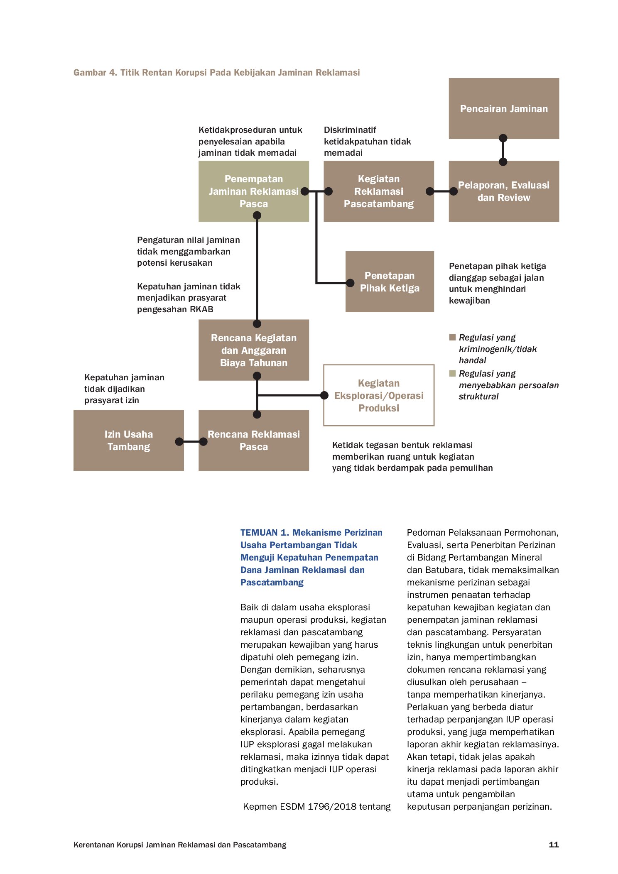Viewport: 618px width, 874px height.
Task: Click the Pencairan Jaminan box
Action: point(503,108)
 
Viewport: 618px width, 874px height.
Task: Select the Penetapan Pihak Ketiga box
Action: point(390,282)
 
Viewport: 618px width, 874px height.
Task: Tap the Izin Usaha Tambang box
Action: point(128,440)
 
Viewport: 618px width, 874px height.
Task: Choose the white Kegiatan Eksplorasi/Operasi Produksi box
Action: point(379,395)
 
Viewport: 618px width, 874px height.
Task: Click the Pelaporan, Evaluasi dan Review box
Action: point(503,191)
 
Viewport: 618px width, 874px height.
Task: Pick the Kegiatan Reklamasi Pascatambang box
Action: point(378,191)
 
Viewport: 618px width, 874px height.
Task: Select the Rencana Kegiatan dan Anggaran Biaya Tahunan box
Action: point(253,350)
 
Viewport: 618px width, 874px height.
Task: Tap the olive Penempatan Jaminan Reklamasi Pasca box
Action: point(253,191)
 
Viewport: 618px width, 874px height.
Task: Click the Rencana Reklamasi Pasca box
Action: point(253,440)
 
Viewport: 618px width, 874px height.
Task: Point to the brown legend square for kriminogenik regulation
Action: point(452,337)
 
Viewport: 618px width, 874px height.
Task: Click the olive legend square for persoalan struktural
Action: point(452,373)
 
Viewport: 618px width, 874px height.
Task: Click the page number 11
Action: point(554,845)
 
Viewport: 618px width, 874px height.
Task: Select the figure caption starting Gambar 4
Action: point(216,73)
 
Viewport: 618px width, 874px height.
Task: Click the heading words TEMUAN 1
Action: point(265,533)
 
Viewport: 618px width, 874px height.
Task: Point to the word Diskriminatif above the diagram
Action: point(350,130)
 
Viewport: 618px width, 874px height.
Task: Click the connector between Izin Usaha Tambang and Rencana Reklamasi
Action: point(191,441)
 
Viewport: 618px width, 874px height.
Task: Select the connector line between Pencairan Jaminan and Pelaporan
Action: point(503,150)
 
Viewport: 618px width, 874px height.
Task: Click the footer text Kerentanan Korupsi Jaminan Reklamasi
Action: point(180,845)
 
